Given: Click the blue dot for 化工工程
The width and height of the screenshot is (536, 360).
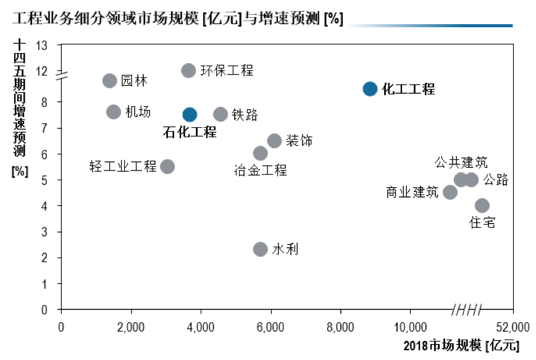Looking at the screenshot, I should pyautogui.click(x=369, y=89).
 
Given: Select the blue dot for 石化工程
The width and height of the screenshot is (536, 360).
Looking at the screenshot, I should pyautogui.click(x=190, y=114).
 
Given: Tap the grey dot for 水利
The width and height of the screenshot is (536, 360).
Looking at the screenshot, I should pyautogui.click(x=261, y=249).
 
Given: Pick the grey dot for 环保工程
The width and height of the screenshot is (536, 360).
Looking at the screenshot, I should pyautogui.click(x=188, y=70).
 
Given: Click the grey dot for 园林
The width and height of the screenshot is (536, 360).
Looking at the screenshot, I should pyautogui.click(x=109, y=80).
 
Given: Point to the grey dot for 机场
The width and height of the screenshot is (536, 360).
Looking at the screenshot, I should pyautogui.click(x=113, y=112).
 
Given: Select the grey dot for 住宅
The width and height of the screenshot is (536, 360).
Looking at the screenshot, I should pyautogui.click(x=482, y=206).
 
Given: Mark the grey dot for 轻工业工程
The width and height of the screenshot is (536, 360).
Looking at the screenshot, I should pyautogui.click(x=167, y=166).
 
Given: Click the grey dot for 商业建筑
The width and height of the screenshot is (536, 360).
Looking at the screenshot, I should pyautogui.click(x=450, y=192).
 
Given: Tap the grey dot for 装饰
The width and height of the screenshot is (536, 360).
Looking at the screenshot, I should pyautogui.click(x=274, y=141).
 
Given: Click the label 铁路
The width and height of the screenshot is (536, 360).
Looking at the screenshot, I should pyautogui.click(x=245, y=115).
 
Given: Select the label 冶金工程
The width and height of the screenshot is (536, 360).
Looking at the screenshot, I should pyautogui.click(x=261, y=170).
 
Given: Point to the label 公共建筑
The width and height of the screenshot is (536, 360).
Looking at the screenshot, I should pyautogui.click(x=461, y=163).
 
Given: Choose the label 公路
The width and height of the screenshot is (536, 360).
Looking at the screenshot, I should pyautogui.click(x=496, y=180).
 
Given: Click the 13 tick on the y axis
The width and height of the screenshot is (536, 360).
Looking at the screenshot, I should pyautogui.click(x=41, y=45).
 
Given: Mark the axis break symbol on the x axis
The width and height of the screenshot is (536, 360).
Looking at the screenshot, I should pyautogui.click(x=467, y=309).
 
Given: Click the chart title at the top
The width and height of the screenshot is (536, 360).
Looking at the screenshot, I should pyautogui.click(x=178, y=18).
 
